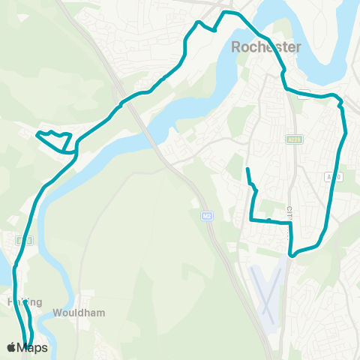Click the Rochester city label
tap(266, 47)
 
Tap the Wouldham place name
tap(84, 313)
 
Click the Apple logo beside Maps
tap(10, 347)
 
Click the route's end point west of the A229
tap(247, 170)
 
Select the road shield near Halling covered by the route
tap(25, 240)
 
